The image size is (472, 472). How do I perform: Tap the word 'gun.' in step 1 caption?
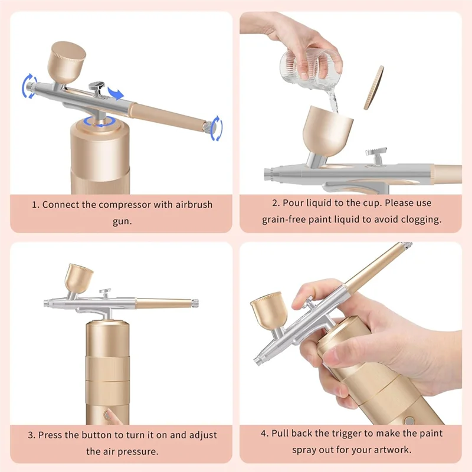[x=122, y=221]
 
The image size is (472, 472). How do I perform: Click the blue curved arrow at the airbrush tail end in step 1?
[x=217, y=128]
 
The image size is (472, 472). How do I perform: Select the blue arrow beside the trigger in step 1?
[x=116, y=93]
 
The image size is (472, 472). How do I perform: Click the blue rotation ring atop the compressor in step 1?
[x=99, y=122]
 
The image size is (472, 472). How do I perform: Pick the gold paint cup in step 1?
[x=68, y=63]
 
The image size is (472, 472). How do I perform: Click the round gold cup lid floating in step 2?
[x=373, y=87]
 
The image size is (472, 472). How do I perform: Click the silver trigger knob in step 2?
[x=375, y=152]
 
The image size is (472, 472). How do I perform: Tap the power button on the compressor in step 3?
[x=107, y=415]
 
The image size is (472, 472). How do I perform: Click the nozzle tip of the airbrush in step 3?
[x=46, y=303]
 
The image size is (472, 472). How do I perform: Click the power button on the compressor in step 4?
[x=408, y=421]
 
